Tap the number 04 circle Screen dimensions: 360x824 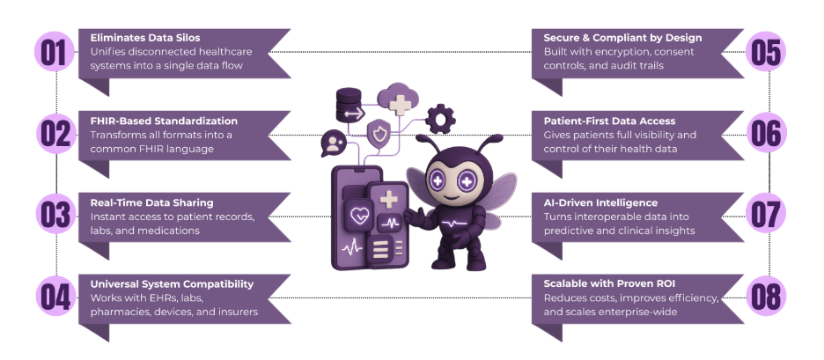55,297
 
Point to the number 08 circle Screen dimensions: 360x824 769,297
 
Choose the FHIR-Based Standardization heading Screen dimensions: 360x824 164,121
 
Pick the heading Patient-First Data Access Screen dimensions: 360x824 609,121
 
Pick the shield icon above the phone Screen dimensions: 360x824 379,135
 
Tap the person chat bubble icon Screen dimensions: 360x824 335,143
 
